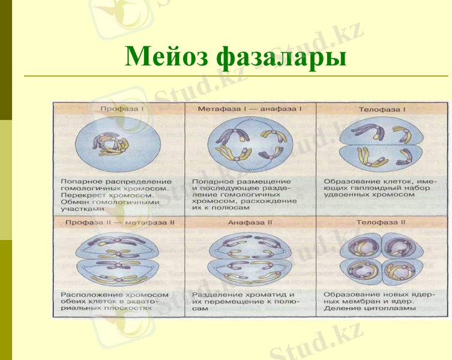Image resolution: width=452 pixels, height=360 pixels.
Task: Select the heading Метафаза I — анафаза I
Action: click(x=250, y=109)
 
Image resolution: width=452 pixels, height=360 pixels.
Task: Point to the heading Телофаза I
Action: click(x=382, y=110)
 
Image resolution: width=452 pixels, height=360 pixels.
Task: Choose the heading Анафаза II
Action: click(x=250, y=222)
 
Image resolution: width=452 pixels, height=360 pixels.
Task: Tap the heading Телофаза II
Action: click(x=381, y=222)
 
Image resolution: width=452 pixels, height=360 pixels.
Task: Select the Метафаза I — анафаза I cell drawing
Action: click(x=249, y=145)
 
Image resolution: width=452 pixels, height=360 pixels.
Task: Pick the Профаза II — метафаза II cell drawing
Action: click(x=118, y=259)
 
